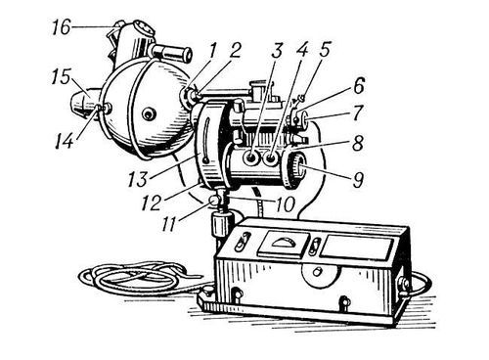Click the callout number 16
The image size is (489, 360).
(x=61, y=27)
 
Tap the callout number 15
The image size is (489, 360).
(x=61, y=78)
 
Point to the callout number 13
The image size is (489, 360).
(x=138, y=179)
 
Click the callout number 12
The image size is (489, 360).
(x=152, y=202)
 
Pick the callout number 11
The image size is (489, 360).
(x=170, y=224)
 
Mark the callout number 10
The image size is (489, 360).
(x=285, y=203)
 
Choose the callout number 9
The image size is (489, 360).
(x=358, y=180)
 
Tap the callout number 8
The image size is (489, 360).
(x=358, y=143)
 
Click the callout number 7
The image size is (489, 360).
(x=357, y=112)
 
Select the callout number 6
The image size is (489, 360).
(x=359, y=85)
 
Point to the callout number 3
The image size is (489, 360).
(x=277, y=51)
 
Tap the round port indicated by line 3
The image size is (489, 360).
(x=251, y=158)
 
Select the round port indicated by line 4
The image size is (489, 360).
(x=271, y=158)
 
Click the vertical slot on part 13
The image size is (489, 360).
(x=206, y=140)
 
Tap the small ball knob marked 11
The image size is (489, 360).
(x=213, y=202)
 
